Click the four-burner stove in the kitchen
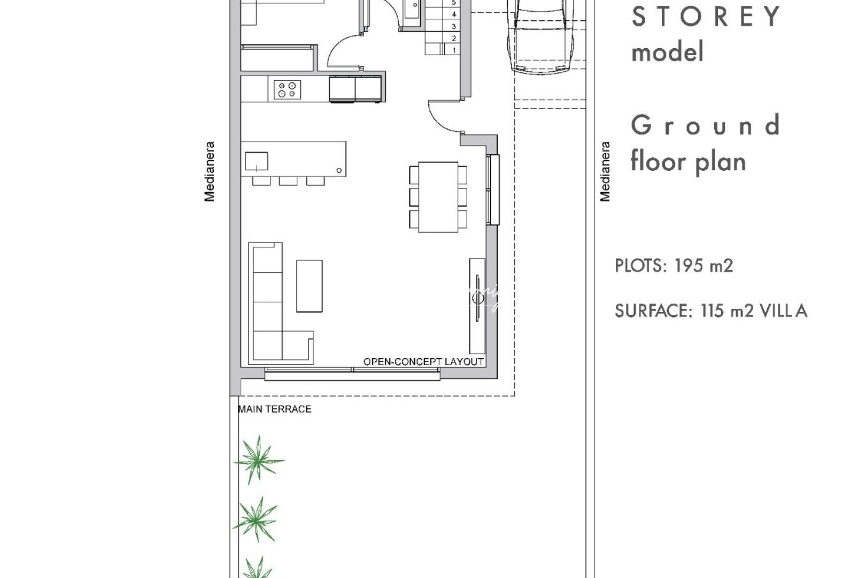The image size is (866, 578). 287,89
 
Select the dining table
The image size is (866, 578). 438,196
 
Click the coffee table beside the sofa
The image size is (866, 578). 309,286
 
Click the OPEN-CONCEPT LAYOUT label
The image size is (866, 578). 423,362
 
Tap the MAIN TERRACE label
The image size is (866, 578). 274,409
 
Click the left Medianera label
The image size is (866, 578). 210,171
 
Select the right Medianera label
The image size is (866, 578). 605,171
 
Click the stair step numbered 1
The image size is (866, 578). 453,50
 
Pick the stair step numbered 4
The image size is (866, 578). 453,14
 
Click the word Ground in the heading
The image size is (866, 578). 705,126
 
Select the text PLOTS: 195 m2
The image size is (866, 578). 674,265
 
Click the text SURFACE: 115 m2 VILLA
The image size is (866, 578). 710,311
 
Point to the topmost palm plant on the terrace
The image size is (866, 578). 259,459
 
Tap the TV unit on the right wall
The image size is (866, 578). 477,305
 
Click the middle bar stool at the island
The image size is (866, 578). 288,181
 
